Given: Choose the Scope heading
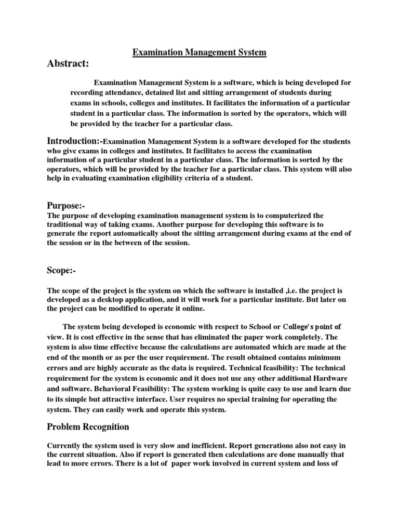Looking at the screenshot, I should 61,270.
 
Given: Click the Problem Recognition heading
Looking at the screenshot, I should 88,427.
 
